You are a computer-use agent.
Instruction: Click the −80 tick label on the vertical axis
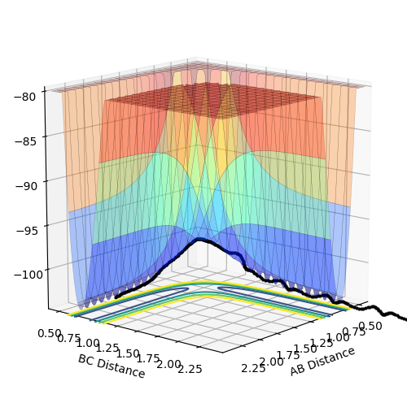24,97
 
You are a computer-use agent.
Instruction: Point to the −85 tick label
25,141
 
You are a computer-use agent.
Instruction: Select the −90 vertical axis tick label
26,186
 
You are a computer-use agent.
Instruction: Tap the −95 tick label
27,231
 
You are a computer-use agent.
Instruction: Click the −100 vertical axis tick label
28,275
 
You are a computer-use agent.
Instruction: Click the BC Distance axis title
112,366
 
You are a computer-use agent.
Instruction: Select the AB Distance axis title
322,362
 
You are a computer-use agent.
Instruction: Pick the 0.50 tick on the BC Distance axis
50,333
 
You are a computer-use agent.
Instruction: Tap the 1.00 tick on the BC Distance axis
88,344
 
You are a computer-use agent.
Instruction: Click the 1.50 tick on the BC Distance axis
128,353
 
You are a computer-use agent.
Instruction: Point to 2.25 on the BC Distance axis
190,369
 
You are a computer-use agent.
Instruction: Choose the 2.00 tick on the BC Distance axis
168,364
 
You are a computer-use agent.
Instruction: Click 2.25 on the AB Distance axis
253,368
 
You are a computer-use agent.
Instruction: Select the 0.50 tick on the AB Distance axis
370,326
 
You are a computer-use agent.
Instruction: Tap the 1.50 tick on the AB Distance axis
305,349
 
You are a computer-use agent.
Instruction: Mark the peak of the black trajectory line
199,239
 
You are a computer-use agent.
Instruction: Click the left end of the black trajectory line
116,297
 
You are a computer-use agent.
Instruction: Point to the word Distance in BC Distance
121,368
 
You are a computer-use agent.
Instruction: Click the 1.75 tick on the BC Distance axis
148,359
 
